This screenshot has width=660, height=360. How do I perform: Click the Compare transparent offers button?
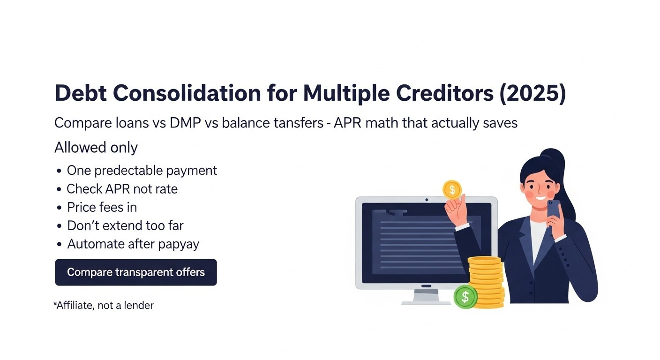(x=136, y=272)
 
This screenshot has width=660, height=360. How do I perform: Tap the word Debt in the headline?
(x=81, y=93)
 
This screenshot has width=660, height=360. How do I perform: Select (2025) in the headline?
(x=532, y=94)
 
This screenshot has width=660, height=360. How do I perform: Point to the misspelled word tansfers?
(x=299, y=122)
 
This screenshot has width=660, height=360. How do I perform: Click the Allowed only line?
(x=96, y=148)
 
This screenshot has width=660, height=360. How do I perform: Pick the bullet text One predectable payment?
(x=142, y=171)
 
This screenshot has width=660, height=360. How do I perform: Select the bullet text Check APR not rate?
(x=122, y=189)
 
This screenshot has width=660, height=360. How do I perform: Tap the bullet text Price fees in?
(x=102, y=207)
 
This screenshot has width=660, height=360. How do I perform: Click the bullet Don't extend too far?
(x=125, y=225)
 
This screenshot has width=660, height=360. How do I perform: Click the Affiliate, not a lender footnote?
(x=104, y=306)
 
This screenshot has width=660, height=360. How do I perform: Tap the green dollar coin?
(x=465, y=297)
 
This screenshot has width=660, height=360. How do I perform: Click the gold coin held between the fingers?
(x=452, y=190)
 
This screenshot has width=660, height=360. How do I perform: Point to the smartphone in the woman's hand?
(x=554, y=210)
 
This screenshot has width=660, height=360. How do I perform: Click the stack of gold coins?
(x=486, y=282)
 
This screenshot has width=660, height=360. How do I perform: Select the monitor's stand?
(x=426, y=297)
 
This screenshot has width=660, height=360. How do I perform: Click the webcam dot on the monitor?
(x=427, y=200)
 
